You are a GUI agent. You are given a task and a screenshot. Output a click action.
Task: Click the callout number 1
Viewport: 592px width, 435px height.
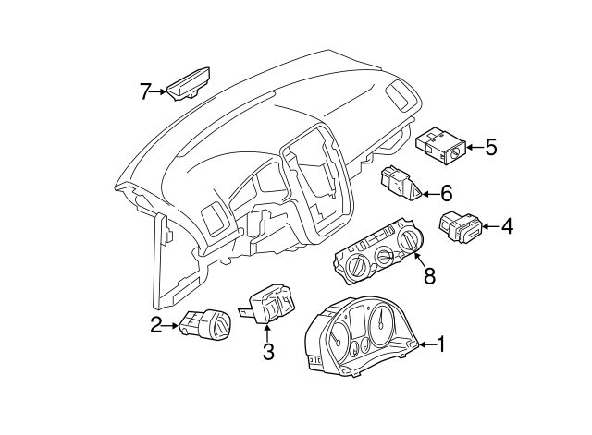tap(440, 345)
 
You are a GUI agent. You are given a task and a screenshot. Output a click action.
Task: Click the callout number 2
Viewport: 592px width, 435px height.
tap(156, 324)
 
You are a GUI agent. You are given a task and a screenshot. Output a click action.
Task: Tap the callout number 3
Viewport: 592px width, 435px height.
tap(268, 351)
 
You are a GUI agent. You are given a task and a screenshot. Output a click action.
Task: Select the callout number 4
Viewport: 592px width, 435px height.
tap(508, 225)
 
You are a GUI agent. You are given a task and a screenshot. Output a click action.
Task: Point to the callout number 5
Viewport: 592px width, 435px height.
tap(490, 147)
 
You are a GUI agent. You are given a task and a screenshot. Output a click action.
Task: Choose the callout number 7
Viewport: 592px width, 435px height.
tap(144, 91)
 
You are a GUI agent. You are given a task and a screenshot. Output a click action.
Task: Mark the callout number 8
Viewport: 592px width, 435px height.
tap(427, 275)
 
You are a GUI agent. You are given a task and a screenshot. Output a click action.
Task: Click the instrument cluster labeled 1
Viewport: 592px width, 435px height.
tap(360, 339)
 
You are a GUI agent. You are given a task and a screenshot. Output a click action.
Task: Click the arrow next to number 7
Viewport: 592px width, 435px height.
tap(160, 91)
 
